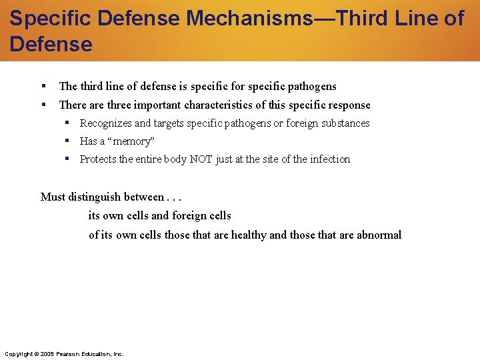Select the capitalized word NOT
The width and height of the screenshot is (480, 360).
[201, 159]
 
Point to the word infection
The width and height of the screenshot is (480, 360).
[327, 159]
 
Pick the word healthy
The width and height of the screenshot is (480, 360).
[249, 235]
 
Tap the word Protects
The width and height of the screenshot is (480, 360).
[97, 159]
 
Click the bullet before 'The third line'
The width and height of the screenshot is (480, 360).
[43, 86]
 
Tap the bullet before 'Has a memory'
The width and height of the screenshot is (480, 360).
[67, 141]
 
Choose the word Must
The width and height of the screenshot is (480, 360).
[53, 197]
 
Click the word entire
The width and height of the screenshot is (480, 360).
[155, 159]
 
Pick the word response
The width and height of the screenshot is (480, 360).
[348, 105]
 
